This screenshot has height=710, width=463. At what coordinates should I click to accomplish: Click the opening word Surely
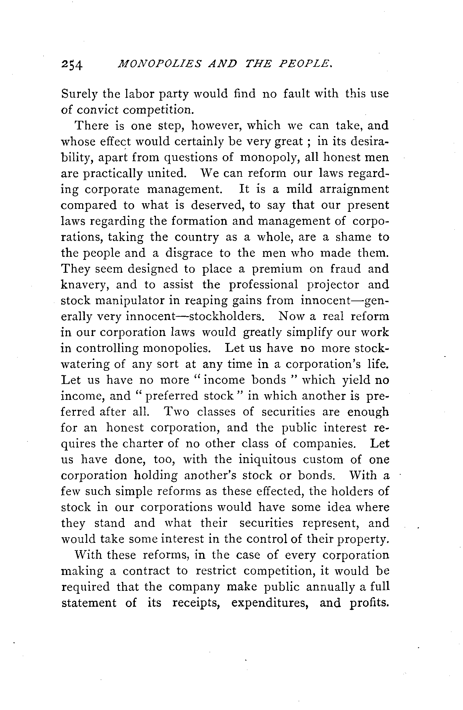click(x=79, y=94)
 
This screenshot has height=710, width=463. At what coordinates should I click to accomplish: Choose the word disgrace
click(x=189, y=253)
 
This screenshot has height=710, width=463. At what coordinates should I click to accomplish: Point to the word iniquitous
click(x=264, y=460)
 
